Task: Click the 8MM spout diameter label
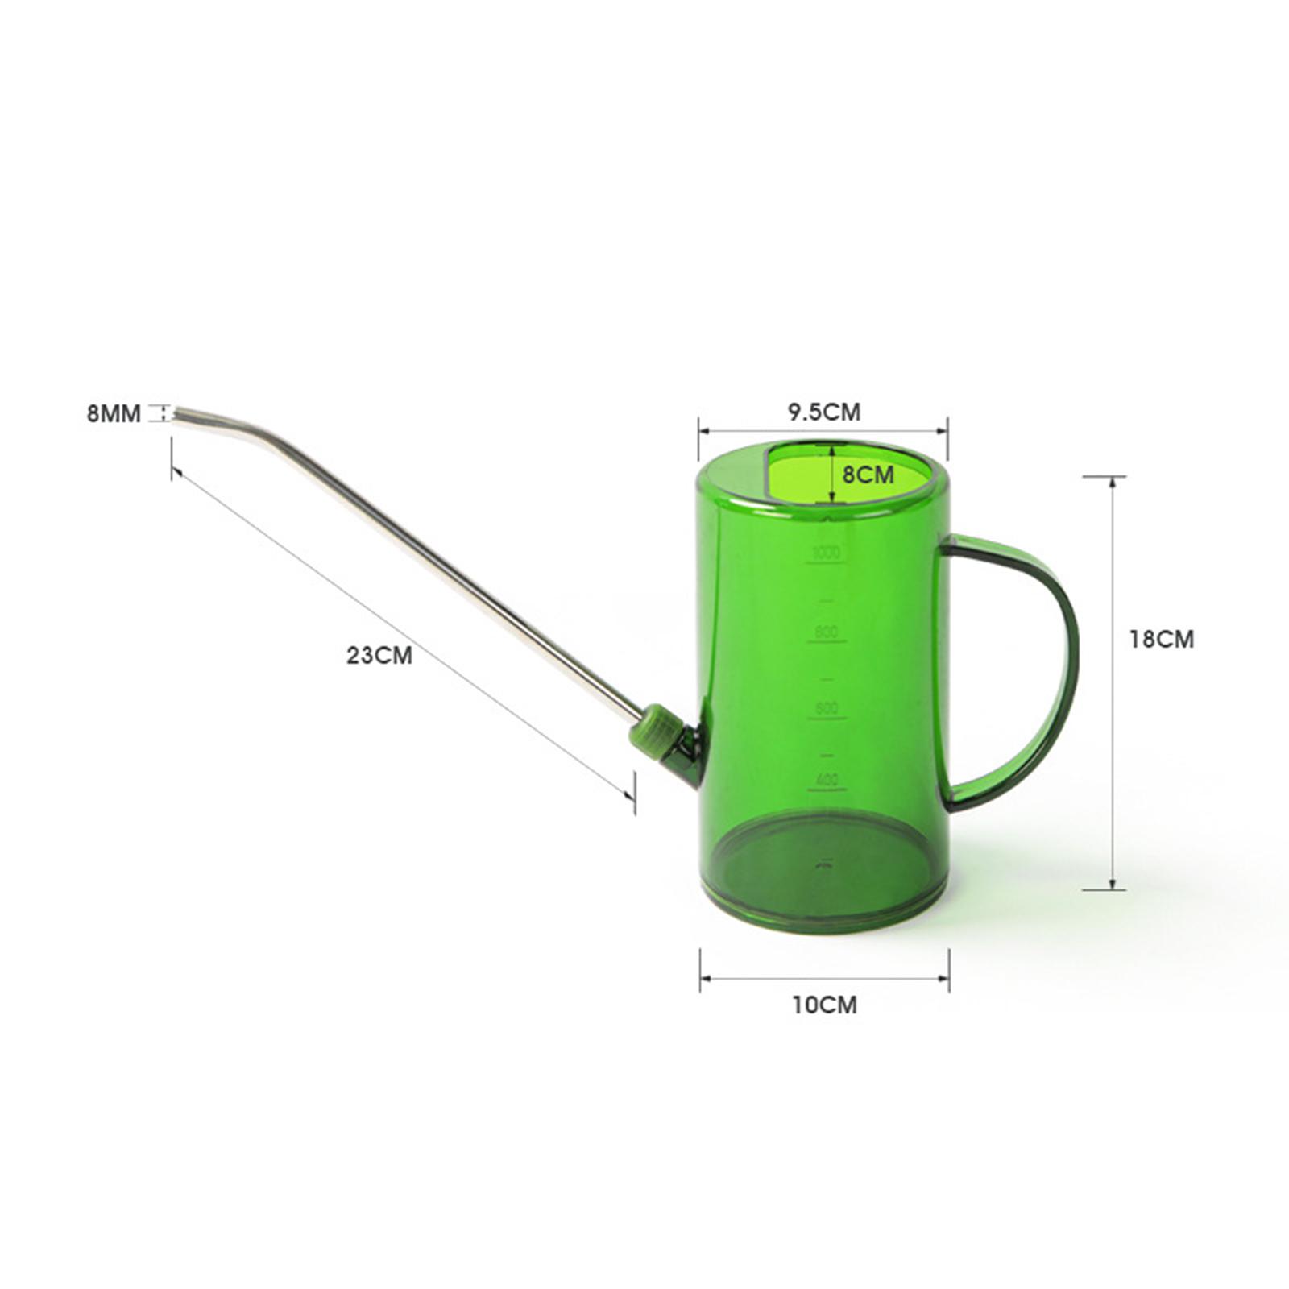pyautogui.click(x=114, y=414)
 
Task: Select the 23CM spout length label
pyautogui.click(x=379, y=654)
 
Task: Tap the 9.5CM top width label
pyautogui.click(x=823, y=412)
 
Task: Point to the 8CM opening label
pyautogui.click(x=868, y=475)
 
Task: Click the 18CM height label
pyautogui.click(x=1161, y=639)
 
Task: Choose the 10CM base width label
pyautogui.click(x=824, y=1005)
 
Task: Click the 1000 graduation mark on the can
pyautogui.click(x=826, y=553)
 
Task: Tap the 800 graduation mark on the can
pyautogui.click(x=826, y=632)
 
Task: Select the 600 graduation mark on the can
pyautogui.click(x=826, y=708)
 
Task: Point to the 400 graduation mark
pyautogui.click(x=826, y=780)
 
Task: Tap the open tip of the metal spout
pyautogui.click(x=177, y=413)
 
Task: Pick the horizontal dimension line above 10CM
pyautogui.click(x=824, y=978)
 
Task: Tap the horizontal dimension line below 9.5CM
pyautogui.click(x=823, y=431)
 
